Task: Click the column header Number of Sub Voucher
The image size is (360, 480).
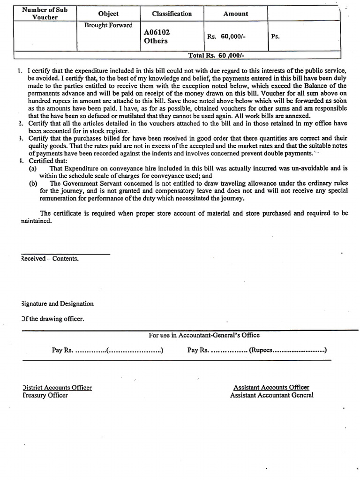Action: coord(45,14)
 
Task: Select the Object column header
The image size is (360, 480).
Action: coord(108,14)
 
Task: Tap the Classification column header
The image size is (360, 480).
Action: coord(172,14)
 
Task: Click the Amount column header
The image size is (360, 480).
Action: coord(235,14)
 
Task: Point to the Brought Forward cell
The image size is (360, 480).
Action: coord(108,25)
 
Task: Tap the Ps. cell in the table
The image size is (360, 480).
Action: coord(276,36)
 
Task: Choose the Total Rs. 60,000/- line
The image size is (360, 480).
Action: coord(216,55)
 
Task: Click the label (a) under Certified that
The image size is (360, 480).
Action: coord(33,168)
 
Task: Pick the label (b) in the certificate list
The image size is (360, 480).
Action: coord(33,183)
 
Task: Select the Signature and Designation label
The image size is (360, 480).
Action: coord(58,304)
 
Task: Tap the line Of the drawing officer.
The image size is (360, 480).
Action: coord(53,319)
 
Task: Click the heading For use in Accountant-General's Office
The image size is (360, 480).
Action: coord(204,335)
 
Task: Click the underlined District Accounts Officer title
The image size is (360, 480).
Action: coord(57,388)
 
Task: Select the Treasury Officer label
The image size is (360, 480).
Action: coord(45,395)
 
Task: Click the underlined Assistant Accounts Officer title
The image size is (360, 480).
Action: coord(271,388)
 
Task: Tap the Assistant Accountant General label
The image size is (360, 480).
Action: coord(271,395)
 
